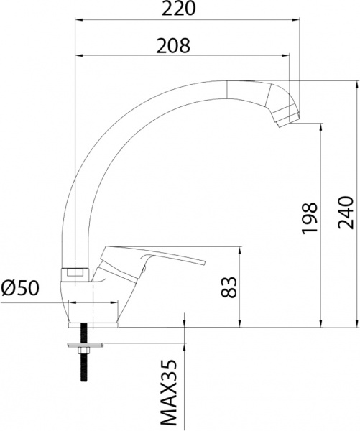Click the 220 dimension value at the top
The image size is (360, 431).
coord(180,9)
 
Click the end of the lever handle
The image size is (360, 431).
coord(201,259)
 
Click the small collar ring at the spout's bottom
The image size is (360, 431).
coord(75,272)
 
